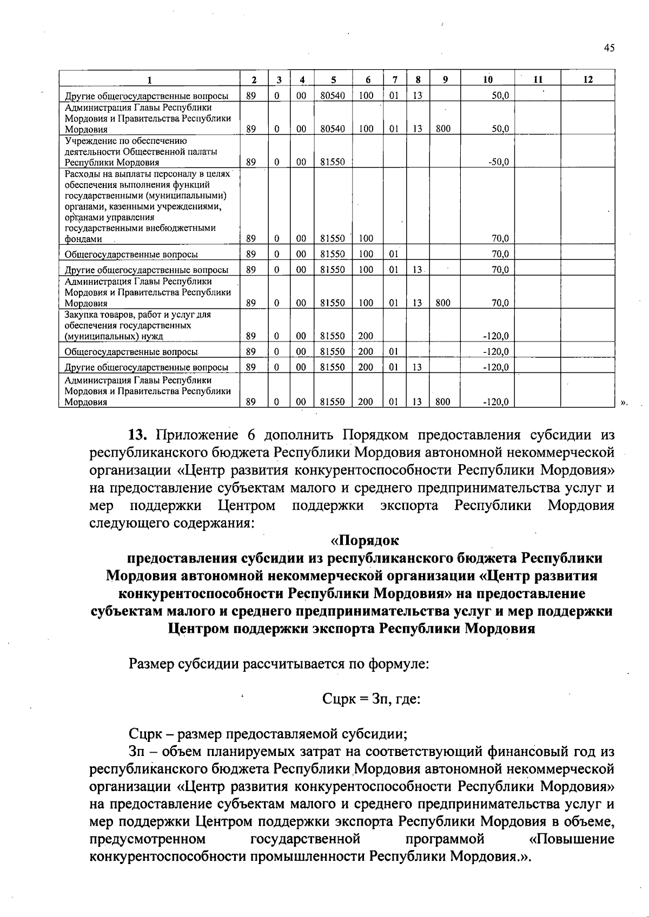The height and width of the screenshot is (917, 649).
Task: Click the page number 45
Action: [610, 48]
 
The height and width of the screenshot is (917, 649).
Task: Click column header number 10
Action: [488, 80]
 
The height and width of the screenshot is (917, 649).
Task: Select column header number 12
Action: [588, 80]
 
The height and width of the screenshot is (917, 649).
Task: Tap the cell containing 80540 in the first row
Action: [333, 96]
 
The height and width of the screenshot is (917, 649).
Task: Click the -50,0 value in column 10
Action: [498, 162]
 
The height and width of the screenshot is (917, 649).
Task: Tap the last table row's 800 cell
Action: [443, 402]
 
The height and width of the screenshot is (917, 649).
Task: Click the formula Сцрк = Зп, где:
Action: [371, 699]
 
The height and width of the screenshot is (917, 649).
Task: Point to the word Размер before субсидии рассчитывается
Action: [152, 664]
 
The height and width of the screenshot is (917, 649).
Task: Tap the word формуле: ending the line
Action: [399, 664]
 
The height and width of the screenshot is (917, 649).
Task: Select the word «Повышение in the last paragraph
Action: [572, 839]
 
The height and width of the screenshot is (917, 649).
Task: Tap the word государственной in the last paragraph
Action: [306, 839]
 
